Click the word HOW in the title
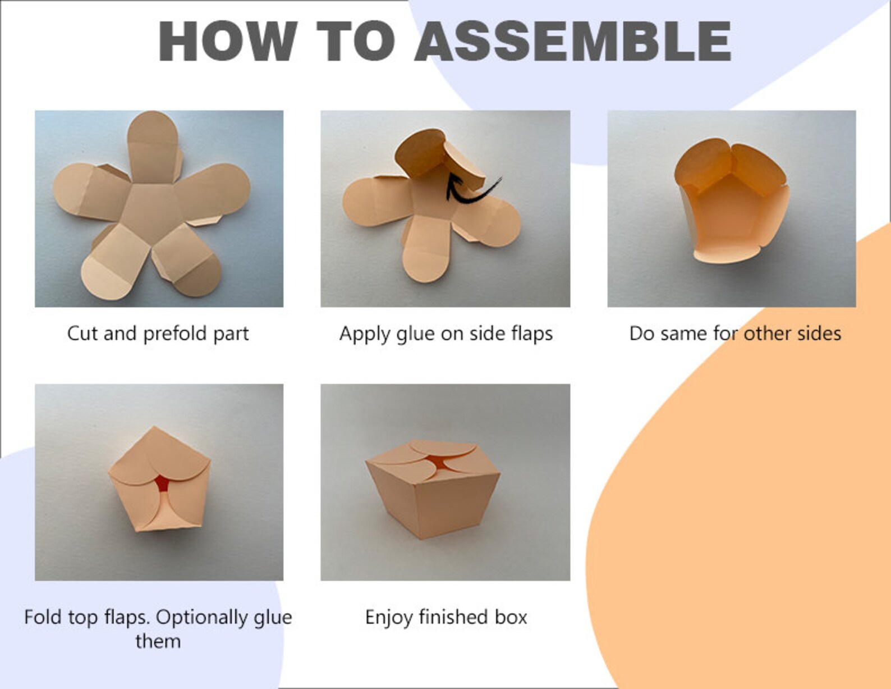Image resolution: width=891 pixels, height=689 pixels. [x=228, y=41]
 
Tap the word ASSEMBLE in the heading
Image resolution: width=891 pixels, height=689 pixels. [x=573, y=41]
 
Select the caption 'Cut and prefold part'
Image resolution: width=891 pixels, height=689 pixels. [x=158, y=334]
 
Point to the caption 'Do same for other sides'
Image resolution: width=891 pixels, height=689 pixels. [x=735, y=334]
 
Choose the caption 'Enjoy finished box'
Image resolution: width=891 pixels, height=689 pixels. [x=446, y=618]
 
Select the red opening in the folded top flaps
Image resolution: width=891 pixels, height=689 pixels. [x=162, y=482]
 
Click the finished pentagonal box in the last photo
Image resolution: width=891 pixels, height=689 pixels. [x=433, y=489]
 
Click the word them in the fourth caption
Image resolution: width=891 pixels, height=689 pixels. [x=158, y=641]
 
